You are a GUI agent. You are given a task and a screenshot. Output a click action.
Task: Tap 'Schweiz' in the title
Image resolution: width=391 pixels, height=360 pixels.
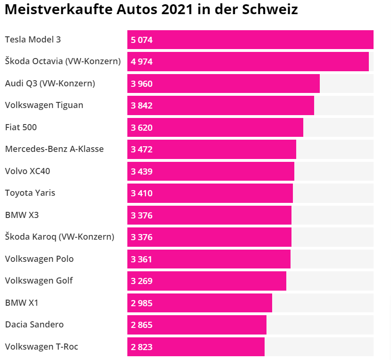click(x=270, y=9)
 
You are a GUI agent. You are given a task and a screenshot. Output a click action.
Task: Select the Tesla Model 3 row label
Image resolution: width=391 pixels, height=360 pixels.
click(x=33, y=40)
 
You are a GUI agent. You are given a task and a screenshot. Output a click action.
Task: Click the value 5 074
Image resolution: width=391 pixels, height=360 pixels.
click(x=142, y=40)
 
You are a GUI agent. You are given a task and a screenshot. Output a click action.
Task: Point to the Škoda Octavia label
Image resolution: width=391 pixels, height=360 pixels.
click(x=63, y=61)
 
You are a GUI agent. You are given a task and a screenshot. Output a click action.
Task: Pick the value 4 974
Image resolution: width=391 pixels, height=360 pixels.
click(x=142, y=62)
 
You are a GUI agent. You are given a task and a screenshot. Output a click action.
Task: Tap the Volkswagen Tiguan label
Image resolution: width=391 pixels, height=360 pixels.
click(x=44, y=105)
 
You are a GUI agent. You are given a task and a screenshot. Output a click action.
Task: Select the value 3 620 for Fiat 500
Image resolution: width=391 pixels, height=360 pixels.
click(x=142, y=127)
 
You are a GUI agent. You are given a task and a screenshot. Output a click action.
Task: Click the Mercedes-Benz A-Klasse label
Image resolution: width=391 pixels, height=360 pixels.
click(x=54, y=149)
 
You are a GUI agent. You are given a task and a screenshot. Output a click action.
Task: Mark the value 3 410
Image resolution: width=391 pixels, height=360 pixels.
click(x=142, y=193)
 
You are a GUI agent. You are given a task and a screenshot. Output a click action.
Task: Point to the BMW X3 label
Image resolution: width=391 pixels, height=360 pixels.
click(x=22, y=215)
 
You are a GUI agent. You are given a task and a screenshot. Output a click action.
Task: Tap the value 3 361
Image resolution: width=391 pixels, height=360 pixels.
click(x=142, y=259)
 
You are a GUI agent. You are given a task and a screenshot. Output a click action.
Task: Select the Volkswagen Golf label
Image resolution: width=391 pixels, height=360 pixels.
click(x=39, y=281)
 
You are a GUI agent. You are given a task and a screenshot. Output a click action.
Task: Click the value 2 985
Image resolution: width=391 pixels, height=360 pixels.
click(x=142, y=303)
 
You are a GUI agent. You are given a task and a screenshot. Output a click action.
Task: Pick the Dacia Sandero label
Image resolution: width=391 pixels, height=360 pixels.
click(x=34, y=325)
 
